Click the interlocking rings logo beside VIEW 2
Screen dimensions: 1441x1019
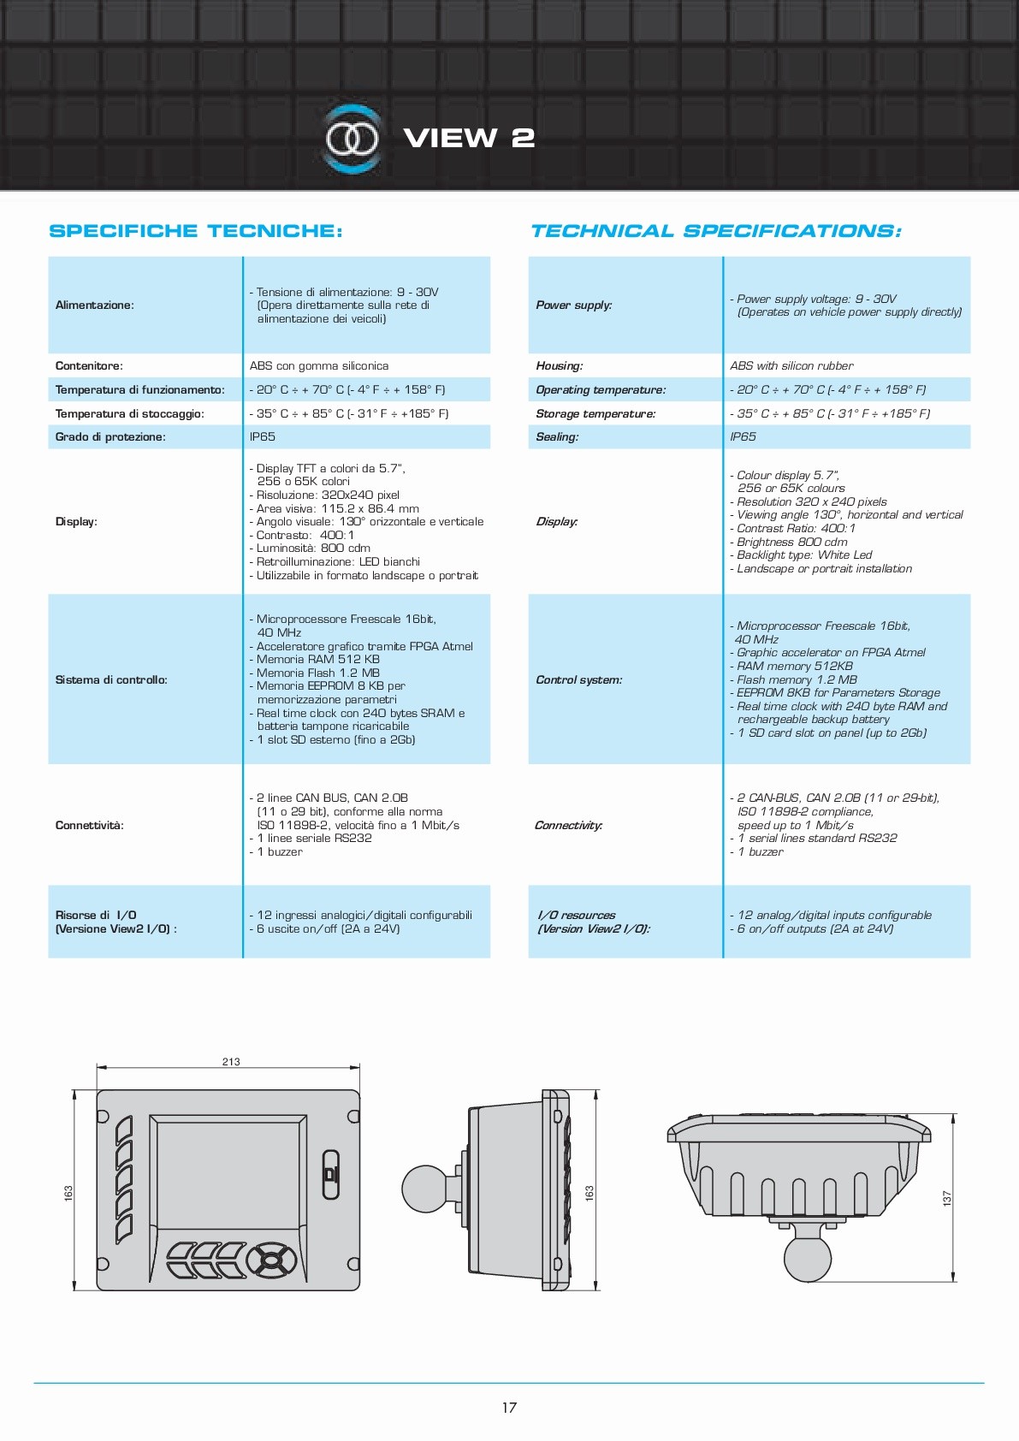(352, 139)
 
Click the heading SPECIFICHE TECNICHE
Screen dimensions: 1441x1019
(196, 231)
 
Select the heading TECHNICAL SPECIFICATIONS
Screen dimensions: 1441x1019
(715, 231)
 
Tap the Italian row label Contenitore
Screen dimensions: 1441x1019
(89, 366)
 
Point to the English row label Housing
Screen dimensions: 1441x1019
(560, 366)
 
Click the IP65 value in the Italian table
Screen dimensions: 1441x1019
(263, 437)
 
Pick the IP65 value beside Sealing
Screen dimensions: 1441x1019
(743, 437)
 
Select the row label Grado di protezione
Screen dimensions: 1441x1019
(110, 437)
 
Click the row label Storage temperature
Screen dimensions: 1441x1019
(595, 414)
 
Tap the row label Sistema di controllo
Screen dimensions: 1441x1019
(111, 680)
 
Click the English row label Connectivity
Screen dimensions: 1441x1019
(569, 826)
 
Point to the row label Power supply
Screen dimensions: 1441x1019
(573, 305)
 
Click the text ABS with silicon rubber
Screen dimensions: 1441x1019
(791, 366)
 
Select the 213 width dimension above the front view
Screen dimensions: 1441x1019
(231, 1062)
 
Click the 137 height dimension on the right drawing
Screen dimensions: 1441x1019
(947, 1198)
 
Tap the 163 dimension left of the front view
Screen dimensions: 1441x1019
(68, 1192)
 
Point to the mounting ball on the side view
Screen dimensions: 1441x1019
(427, 1188)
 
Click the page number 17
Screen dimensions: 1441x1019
(509, 1408)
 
